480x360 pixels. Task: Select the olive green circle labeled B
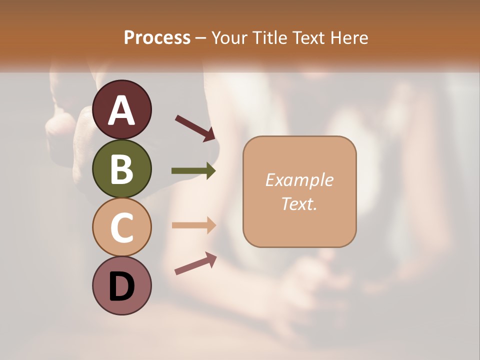121,168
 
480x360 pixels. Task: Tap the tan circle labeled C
121,227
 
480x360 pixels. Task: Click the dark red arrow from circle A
195,128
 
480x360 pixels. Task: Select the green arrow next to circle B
193,171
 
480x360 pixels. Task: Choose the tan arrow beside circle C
193,225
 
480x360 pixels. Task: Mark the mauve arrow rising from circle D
195,264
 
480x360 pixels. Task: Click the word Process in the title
157,37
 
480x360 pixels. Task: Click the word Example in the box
299,180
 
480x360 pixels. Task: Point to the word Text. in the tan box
299,203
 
